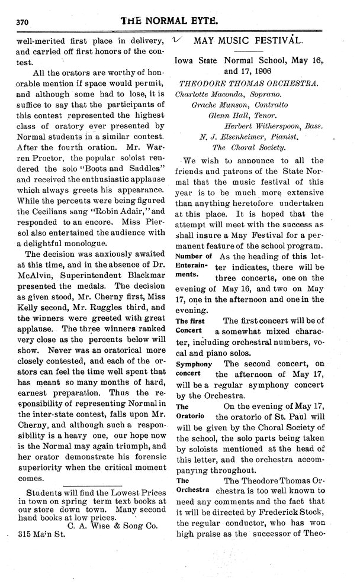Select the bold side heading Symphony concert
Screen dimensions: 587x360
click(x=193, y=369)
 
